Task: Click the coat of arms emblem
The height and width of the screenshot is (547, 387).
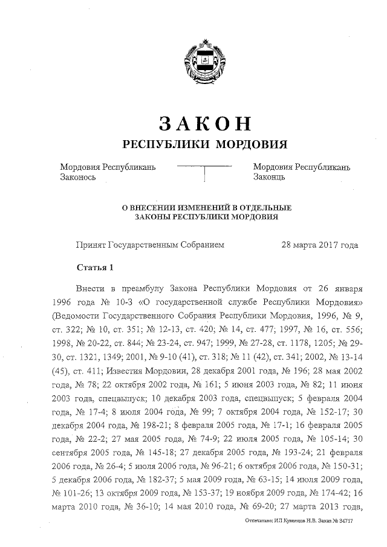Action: (206, 59)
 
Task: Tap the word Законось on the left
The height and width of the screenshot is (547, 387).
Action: (78, 177)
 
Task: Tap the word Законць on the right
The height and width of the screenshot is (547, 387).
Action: (269, 177)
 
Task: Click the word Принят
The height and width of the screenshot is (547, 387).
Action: (89, 245)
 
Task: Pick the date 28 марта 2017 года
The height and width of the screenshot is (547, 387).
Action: (319, 245)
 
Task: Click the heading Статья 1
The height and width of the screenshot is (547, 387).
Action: (95, 267)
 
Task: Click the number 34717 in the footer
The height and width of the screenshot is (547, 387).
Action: (343, 520)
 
